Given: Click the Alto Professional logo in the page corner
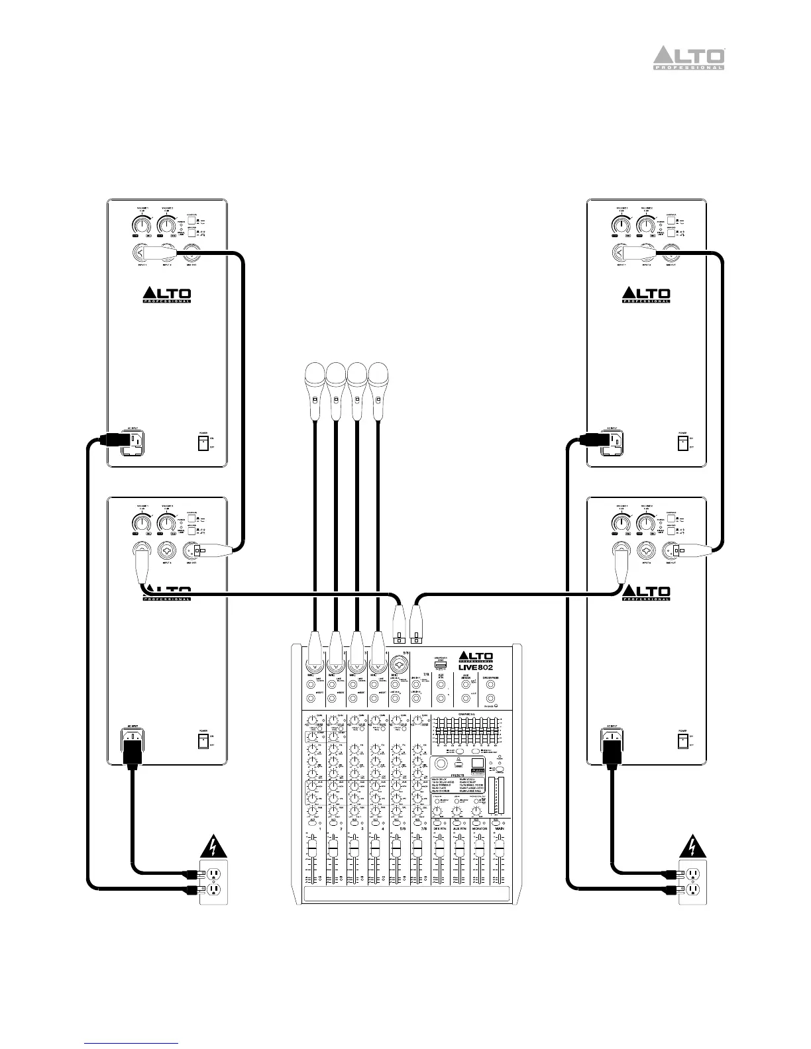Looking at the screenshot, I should coord(689,58).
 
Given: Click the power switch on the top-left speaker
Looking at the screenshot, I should coord(203,441).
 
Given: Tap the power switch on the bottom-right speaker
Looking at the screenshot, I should coord(683,739).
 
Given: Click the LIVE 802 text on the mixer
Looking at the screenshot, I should coord(476,668).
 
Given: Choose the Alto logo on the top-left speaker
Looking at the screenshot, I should coord(166,294).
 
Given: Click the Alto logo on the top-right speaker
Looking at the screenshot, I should coord(646,294).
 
